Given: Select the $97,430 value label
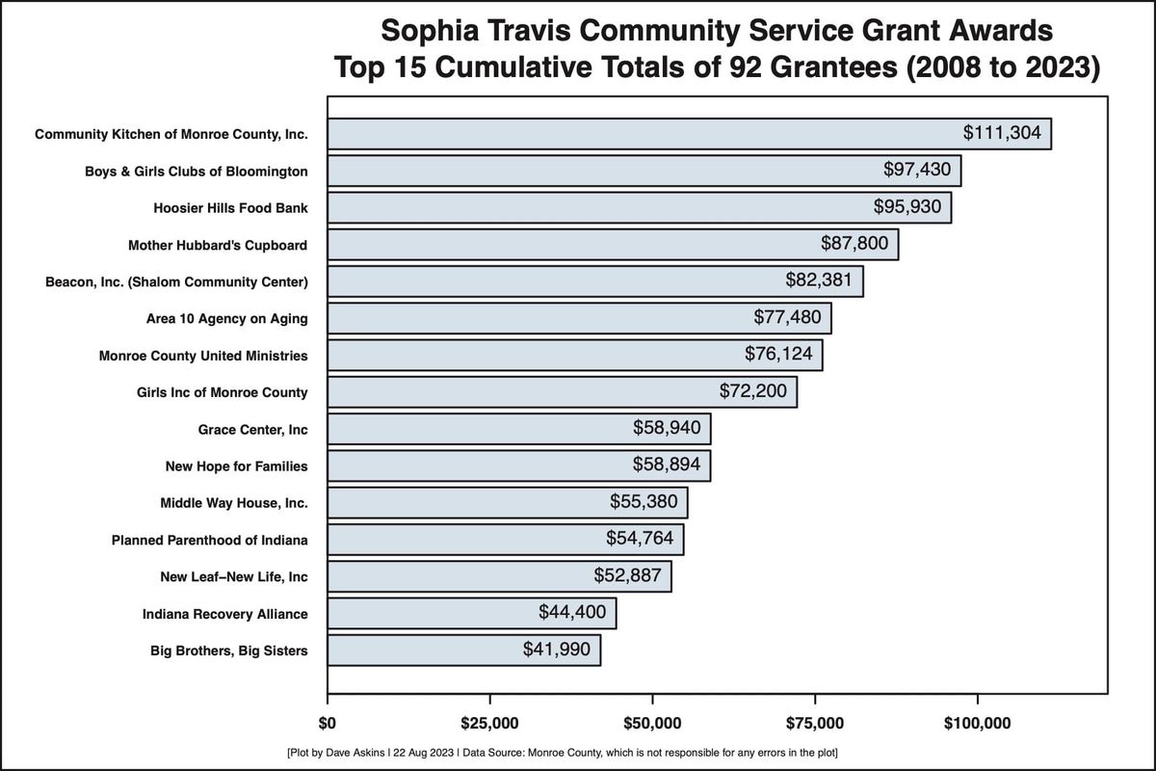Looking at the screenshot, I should coord(917,170).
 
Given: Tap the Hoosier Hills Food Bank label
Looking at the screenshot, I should coord(230,208).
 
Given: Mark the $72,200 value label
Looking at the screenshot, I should coord(753,391).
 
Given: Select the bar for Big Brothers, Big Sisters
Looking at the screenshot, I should coord(463,650).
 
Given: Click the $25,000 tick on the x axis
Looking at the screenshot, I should coord(490,724).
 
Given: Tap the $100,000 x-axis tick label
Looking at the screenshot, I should coord(978,724).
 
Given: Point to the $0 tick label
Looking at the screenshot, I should coord(328,724).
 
